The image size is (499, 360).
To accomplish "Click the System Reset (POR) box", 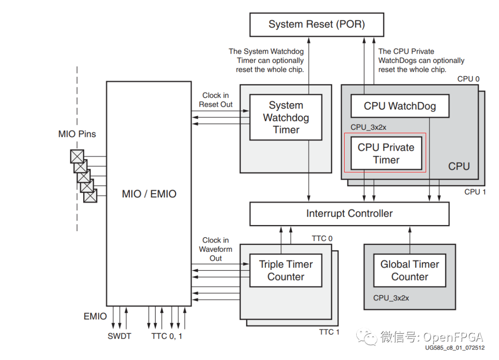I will [x=316, y=24].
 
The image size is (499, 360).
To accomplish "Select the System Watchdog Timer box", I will [x=286, y=117].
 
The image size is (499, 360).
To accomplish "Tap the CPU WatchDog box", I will [x=400, y=106].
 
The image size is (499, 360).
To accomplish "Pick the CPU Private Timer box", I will [x=386, y=153].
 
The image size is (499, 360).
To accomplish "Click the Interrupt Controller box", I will [x=349, y=214].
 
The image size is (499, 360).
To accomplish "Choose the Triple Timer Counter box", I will [x=286, y=270].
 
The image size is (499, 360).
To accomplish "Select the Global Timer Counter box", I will [x=409, y=270].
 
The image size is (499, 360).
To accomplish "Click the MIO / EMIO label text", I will [x=149, y=194].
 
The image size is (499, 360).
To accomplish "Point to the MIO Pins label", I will [x=77, y=134].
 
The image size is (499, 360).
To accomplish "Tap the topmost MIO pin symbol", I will [x=77, y=156].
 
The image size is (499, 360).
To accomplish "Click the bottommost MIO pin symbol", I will [x=90, y=195].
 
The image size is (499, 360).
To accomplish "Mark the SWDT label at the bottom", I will [x=119, y=336].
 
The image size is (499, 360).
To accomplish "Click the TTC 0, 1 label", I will [x=167, y=336].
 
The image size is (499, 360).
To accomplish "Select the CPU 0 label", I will [x=469, y=79].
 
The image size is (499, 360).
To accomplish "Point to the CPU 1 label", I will [x=475, y=192].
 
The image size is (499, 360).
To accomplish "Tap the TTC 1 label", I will [x=329, y=332].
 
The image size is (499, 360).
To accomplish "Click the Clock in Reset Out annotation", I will [x=215, y=100].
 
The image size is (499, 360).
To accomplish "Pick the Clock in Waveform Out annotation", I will [x=215, y=249].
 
